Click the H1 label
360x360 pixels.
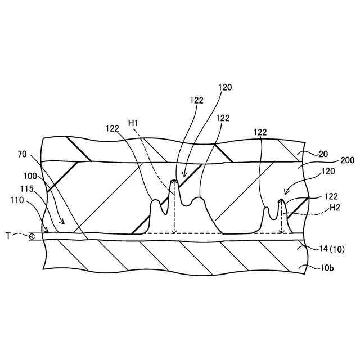[x=134, y=123]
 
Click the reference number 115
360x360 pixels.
[x=29, y=188]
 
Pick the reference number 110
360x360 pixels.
[x=17, y=199]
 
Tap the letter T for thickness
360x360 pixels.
[x=8, y=236]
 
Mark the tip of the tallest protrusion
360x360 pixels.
[x=174, y=181]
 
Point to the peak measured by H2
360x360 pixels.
[x=281, y=200]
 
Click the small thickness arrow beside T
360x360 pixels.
[x=31, y=237]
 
